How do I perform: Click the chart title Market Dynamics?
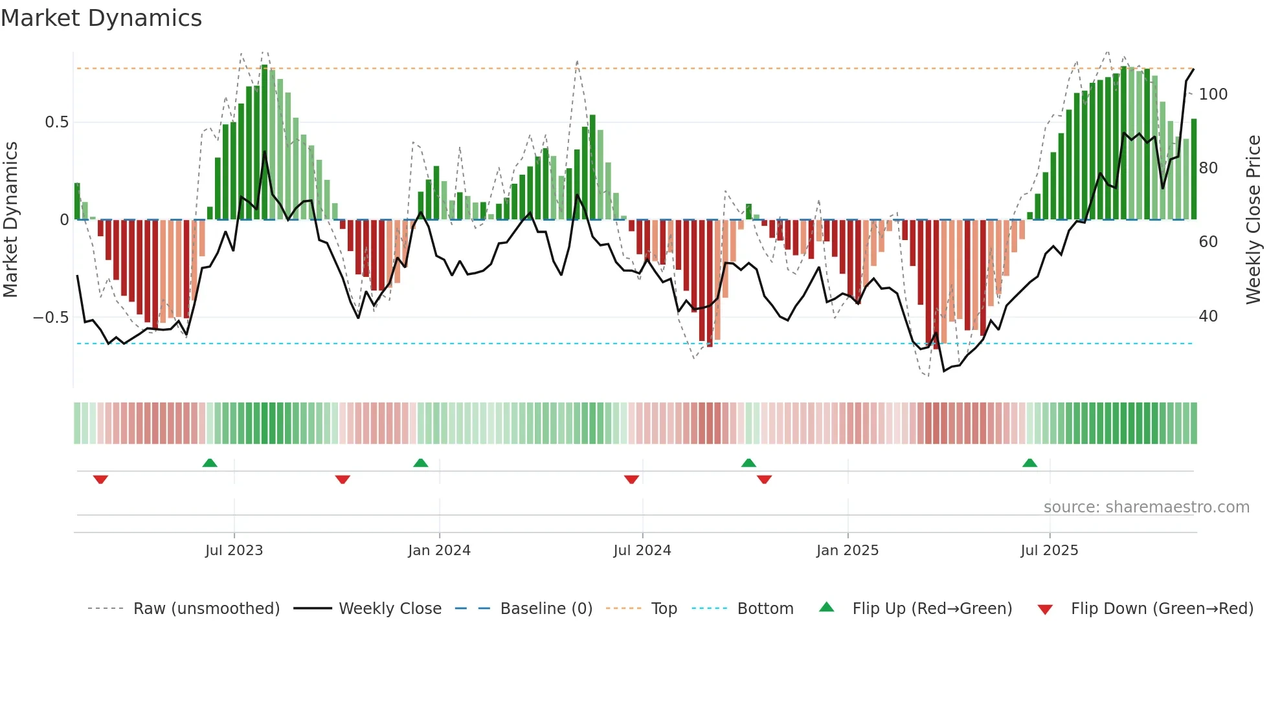point(101,18)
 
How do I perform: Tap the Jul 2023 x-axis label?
point(234,551)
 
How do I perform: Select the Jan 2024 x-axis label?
point(439,551)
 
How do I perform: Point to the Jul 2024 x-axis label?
point(642,551)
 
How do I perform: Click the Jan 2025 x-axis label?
point(847,551)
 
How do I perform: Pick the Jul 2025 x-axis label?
point(1049,551)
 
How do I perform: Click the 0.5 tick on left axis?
point(56,122)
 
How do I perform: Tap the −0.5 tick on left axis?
point(51,318)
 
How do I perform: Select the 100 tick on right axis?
point(1213,94)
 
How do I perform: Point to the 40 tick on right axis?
point(1208,316)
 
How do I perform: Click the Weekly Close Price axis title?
point(1253,220)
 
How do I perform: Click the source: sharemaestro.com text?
point(1146,507)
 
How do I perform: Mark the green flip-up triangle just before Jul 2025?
point(1029,463)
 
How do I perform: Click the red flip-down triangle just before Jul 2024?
point(631,479)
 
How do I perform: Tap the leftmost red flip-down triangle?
point(100,479)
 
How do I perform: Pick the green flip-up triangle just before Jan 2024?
point(420,463)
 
